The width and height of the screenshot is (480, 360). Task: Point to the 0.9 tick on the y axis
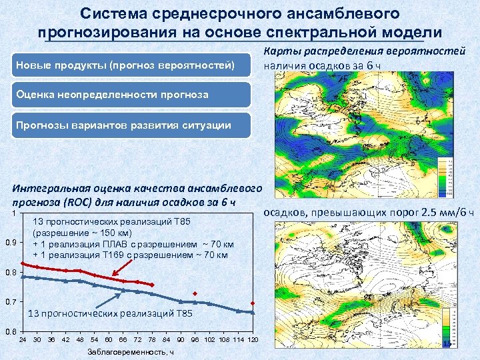(9, 241)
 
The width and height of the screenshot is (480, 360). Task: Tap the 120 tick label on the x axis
(253, 339)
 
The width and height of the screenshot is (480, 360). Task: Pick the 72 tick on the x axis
(137, 339)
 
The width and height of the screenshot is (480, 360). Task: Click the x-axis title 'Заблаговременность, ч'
(129, 352)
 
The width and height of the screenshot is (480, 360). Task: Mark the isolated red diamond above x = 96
(195, 293)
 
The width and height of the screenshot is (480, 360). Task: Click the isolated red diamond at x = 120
(253, 303)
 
